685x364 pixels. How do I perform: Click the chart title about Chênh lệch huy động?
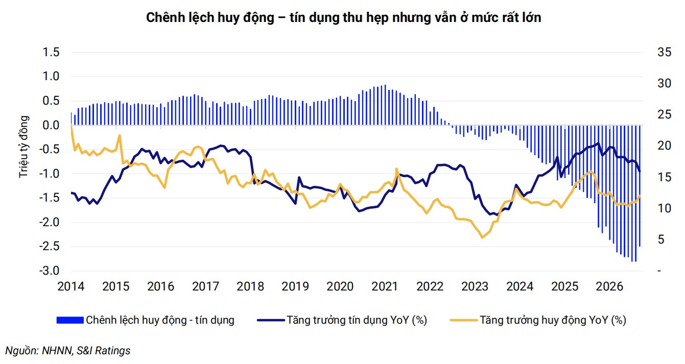pyautogui.click(x=343, y=18)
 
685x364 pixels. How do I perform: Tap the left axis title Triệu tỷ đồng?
pyautogui.click(x=23, y=147)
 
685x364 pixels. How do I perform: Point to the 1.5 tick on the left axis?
pyautogui.click(x=51, y=52)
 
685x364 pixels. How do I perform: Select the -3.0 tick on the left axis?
pyautogui.click(x=49, y=271)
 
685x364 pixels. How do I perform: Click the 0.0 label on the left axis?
pyautogui.click(x=51, y=125)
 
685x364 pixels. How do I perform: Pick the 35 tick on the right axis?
pyautogui.click(x=664, y=52)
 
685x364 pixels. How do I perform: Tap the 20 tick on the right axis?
pyautogui.click(x=664, y=146)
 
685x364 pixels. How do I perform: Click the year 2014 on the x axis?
pyautogui.click(x=70, y=287)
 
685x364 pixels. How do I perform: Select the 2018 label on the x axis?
pyautogui.click(x=250, y=287)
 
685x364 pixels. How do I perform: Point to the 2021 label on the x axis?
pyautogui.click(x=385, y=287)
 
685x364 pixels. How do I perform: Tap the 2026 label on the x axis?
pyautogui.click(x=609, y=287)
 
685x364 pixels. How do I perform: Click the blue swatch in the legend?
pyautogui.click(x=70, y=320)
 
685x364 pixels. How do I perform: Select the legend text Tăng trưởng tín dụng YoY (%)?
pyautogui.click(x=357, y=320)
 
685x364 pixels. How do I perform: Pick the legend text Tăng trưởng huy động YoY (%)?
pyautogui.click(x=553, y=320)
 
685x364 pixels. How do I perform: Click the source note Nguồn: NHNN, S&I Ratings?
pyautogui.click(x=68, y=351)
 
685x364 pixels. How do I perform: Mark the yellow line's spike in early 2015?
pyautogui.click(x=120, y=135)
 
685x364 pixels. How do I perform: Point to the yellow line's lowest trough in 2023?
pyautogui.click(x=482, y=237)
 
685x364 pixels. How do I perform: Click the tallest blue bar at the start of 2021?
pyautogui.click(x=385, y=105)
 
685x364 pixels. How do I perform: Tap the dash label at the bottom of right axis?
pyautogui.click(x=659, y=271)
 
